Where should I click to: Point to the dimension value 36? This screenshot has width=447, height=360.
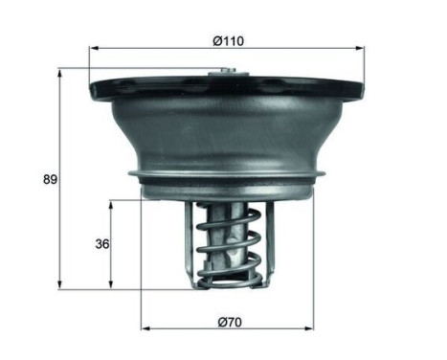click(101, 243)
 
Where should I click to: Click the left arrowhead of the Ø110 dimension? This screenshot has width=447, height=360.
click(94, 48)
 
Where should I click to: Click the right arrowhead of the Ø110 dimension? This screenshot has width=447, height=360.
click(361, 48)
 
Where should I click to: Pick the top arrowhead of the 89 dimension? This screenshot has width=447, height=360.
click(60, 72)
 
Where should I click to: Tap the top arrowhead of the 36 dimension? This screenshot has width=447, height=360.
click(112, 203)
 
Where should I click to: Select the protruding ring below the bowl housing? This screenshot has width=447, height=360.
click(230, 178)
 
